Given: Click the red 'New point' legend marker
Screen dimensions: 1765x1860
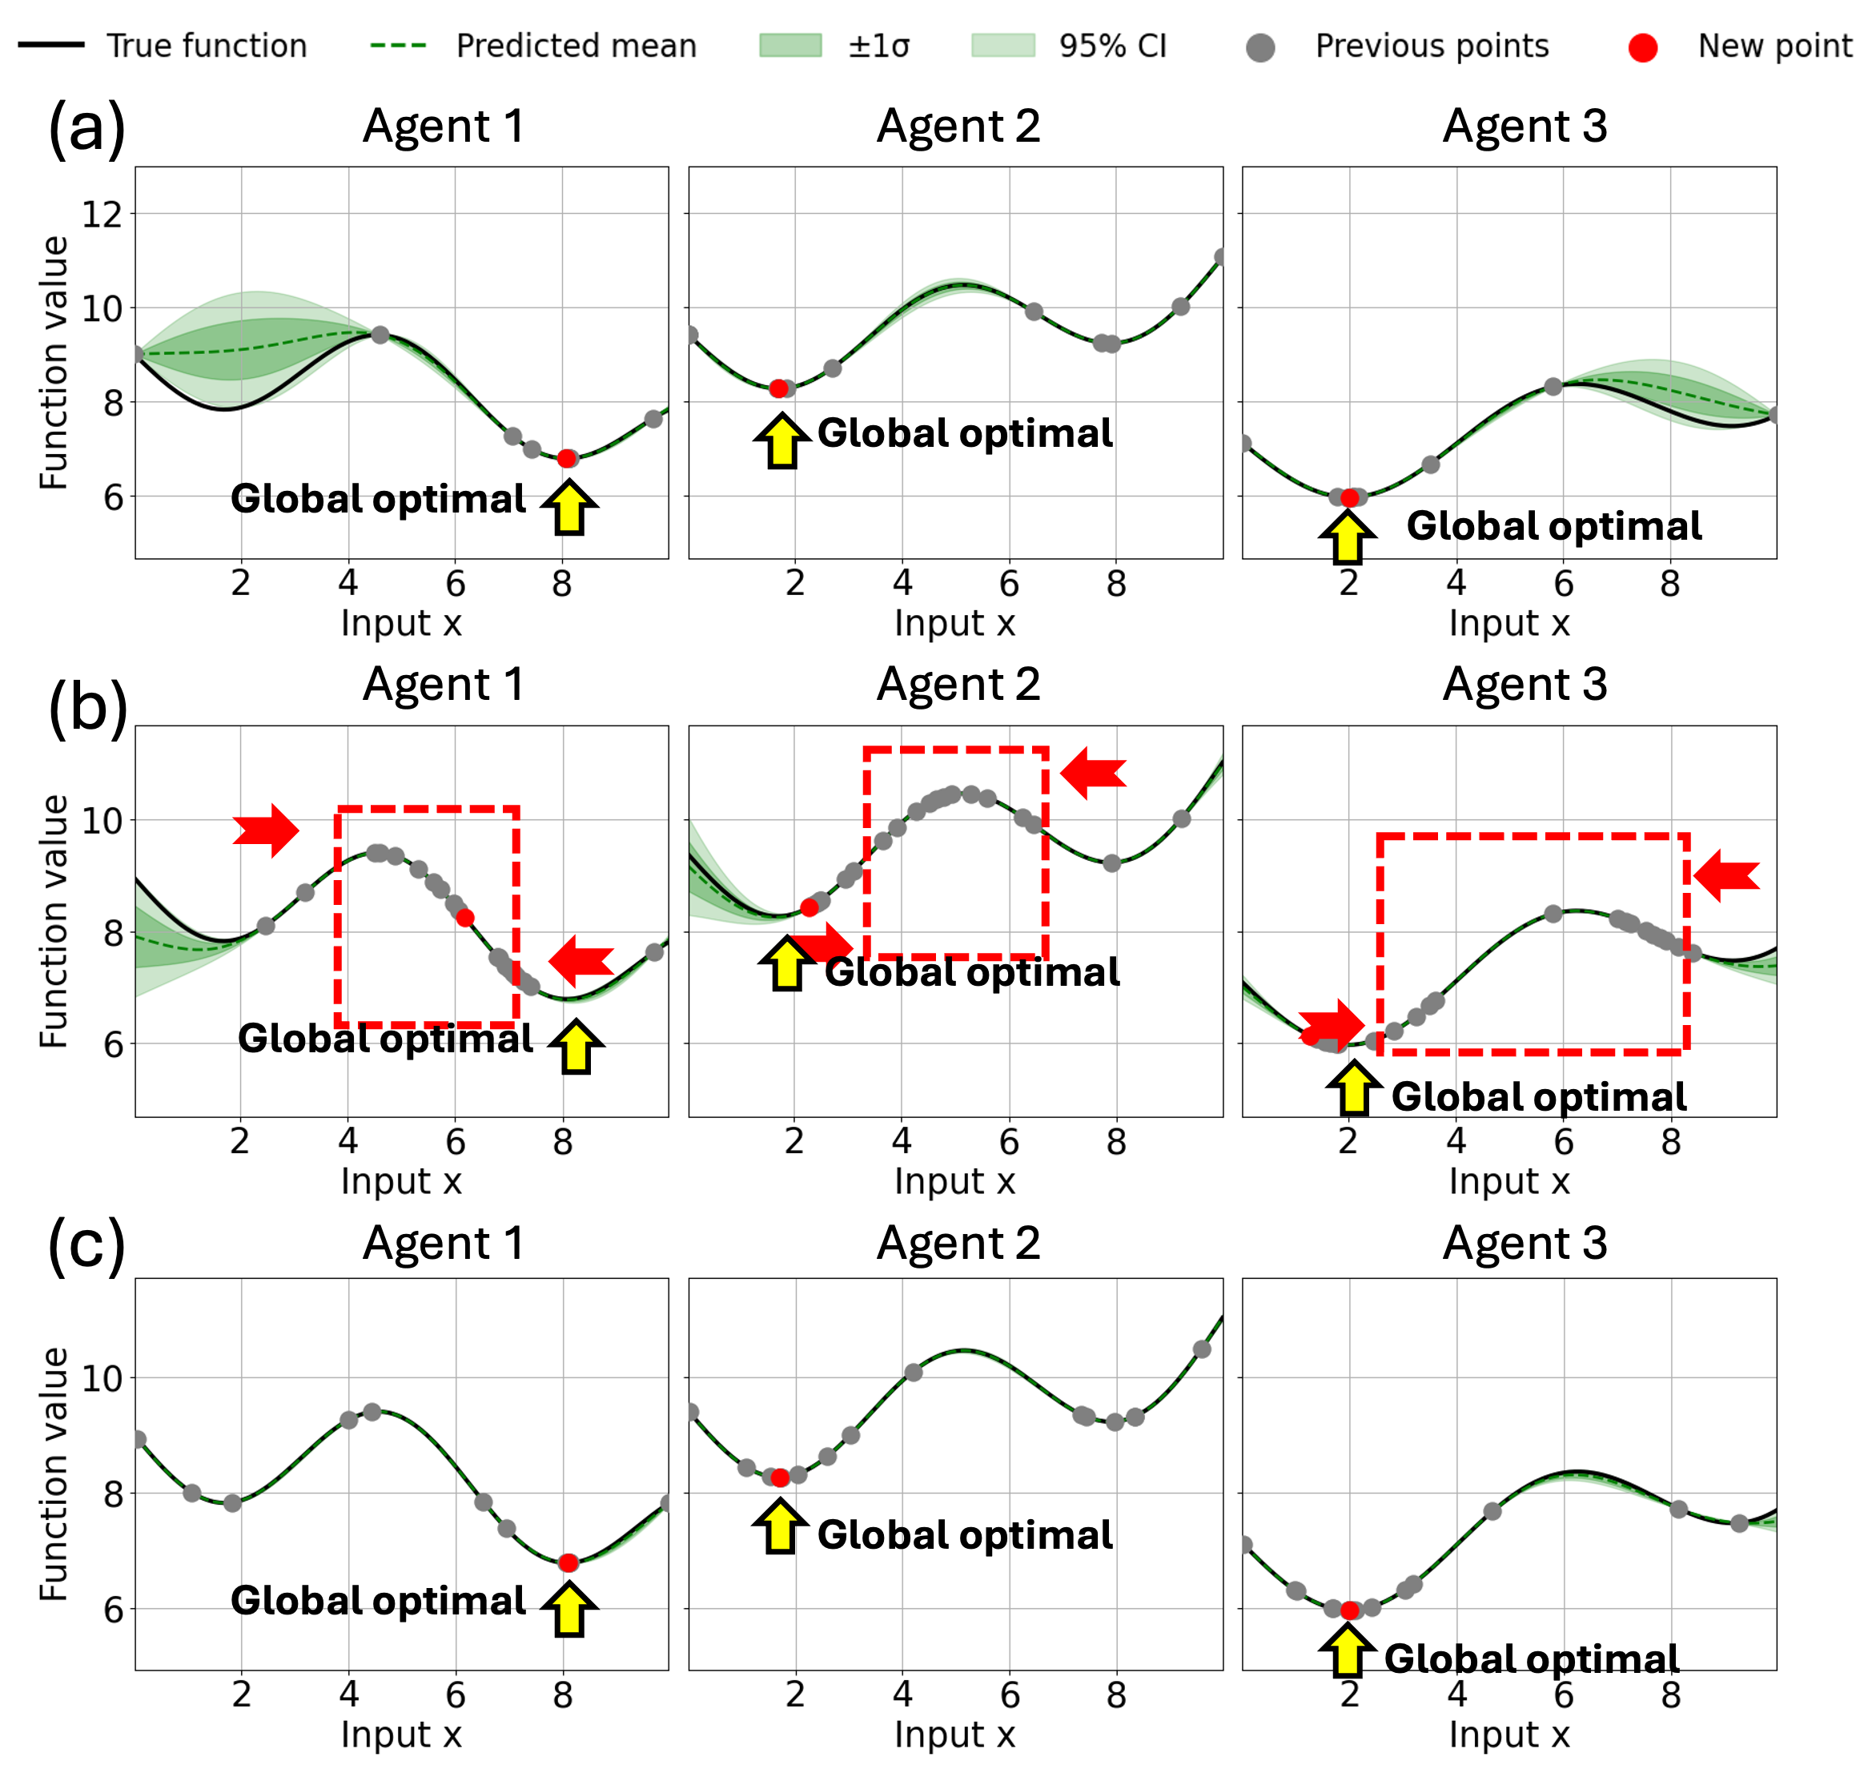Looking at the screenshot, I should point(1643,47).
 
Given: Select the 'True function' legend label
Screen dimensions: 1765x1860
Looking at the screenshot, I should point(207,45).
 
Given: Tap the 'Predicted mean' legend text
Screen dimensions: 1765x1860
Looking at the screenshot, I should point(576,45).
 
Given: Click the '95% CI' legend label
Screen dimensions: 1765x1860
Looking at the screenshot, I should point(1112,45).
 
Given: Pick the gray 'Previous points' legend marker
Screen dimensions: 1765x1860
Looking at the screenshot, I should point(1261,48).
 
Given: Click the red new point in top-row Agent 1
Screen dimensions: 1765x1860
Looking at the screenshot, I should point(565,458).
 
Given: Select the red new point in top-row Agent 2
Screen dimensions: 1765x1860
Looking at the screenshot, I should point(778,388).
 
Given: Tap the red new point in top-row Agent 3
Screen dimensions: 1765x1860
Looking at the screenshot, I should point(1349,497).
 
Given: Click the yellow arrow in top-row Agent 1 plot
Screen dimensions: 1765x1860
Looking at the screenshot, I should point(570,507).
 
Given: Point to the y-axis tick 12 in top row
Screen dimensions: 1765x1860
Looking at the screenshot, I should point(102,215).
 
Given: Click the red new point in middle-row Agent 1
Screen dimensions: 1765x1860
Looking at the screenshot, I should point(464,917).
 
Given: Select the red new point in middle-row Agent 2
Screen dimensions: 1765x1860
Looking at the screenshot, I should point(809,908).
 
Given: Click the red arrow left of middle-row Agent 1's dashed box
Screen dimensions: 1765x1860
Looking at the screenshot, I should point(267,830).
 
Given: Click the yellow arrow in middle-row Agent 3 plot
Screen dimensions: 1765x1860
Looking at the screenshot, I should point(1354,1088).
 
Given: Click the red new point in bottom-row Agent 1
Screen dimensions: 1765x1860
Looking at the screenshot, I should point(568,1562).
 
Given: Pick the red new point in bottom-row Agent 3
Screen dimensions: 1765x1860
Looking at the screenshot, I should point(1349,1610).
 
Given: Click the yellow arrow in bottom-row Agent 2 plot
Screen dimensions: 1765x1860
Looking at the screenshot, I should point(781,1526).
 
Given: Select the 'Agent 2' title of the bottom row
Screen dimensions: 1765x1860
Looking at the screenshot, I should point(958,1243).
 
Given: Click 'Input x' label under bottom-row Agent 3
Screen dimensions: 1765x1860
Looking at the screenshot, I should point(1508,1733).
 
